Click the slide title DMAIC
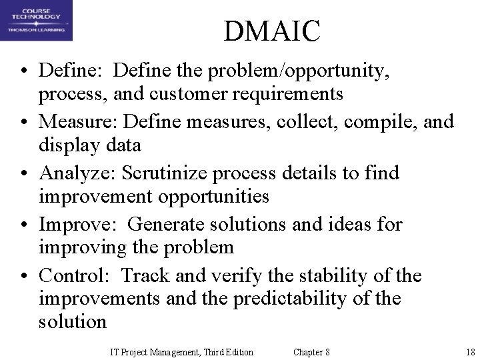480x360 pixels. pyautogui.click(x=272, y=31)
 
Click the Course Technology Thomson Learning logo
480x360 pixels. pyautogui.click(x=36, y=21)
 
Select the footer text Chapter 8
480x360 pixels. pyautogui.click(x=311, y=352)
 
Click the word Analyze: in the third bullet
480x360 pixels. pyautogui.click(x=75, y=173)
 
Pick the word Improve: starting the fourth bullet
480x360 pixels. pyautogui.click(x=73, y=224)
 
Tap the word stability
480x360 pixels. pyautogui.click(x=327, y=275)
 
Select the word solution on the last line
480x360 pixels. pyautogui.click(x=73, y=321)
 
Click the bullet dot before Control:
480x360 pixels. pyautogui.click(x=23, y=276)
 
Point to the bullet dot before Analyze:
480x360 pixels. pyautogui.click(x=23, y=173)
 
